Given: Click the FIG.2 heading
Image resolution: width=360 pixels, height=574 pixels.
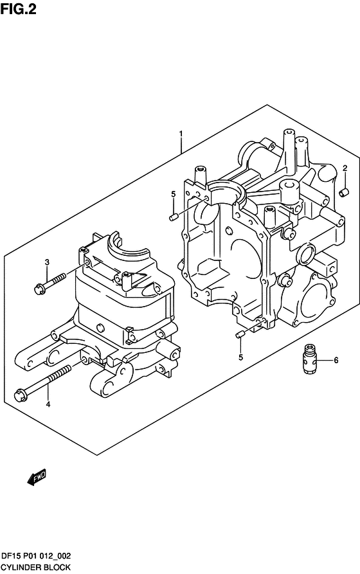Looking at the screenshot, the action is pos(18,9).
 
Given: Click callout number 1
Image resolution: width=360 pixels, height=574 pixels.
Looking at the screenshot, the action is pos(181,134).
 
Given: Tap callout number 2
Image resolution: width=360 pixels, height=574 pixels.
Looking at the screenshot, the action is pos(345,168).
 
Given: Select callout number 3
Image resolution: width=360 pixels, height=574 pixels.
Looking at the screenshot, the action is pos(47,262).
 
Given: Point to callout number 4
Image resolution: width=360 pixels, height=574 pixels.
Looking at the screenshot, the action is pos(48,404).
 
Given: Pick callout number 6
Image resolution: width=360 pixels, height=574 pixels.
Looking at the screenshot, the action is pos(336,360).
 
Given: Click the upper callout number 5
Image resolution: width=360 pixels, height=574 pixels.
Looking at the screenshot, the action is pos(173,193).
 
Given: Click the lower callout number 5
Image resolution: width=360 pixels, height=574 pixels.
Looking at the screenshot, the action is pos(240,357).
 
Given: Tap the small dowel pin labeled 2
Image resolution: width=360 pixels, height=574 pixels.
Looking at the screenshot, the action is pos(345,192).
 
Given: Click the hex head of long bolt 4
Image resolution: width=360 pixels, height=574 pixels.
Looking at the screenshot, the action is pos(20,395).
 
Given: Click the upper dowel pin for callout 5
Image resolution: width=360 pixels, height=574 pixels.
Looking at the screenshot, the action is pos(174,217).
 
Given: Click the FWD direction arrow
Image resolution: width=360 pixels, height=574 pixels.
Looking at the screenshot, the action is pos(37,477).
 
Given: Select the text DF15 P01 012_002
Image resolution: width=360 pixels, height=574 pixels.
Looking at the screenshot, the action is pos(36,556).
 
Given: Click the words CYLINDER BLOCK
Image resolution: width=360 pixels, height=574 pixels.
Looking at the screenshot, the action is pos(36,568).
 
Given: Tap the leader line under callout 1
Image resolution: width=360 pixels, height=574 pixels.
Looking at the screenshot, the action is pos(181,146).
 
